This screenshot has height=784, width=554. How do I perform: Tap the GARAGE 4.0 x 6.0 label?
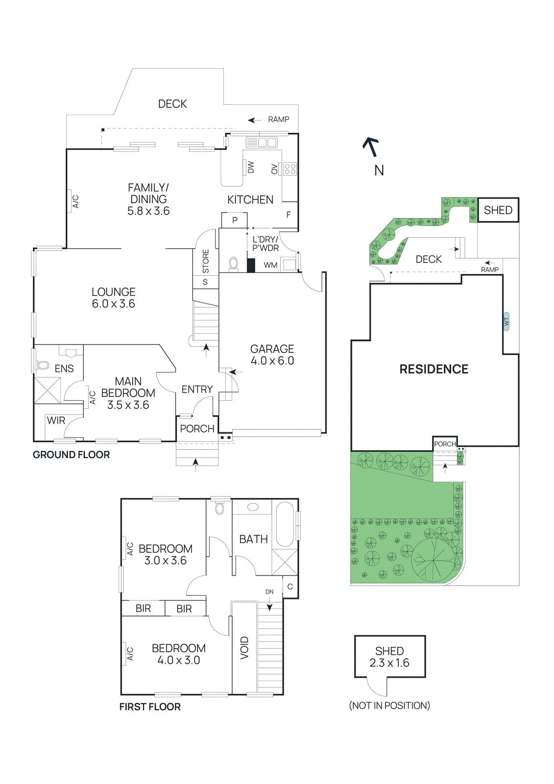pos(272,355)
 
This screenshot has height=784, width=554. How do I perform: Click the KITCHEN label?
pos(250,199)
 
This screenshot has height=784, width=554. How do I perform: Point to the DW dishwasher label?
pos(251,168)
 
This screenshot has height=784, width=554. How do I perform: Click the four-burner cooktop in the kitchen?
pos(289,169)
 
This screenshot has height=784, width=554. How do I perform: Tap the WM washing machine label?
pos(270,265)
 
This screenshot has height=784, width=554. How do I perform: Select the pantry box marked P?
pos(235,220)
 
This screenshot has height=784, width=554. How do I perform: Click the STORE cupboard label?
pos(206,262)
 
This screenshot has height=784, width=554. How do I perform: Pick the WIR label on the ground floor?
pos(56,420)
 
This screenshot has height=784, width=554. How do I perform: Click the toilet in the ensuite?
pos(43,365)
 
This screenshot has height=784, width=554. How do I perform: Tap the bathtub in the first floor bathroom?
pos(285,524)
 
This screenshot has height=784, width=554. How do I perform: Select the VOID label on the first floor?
pos(244,648)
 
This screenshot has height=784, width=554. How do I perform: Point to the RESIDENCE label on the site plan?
pos(434,369)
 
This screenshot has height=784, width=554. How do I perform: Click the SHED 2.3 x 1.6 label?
pos(389,657)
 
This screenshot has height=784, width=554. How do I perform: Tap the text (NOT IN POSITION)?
pos(389,706)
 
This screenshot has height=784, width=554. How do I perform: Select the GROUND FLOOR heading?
pos(71,455)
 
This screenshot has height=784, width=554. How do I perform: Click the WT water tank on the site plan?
pos(506,321)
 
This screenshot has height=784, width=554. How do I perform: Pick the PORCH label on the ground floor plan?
pos(197,429)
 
